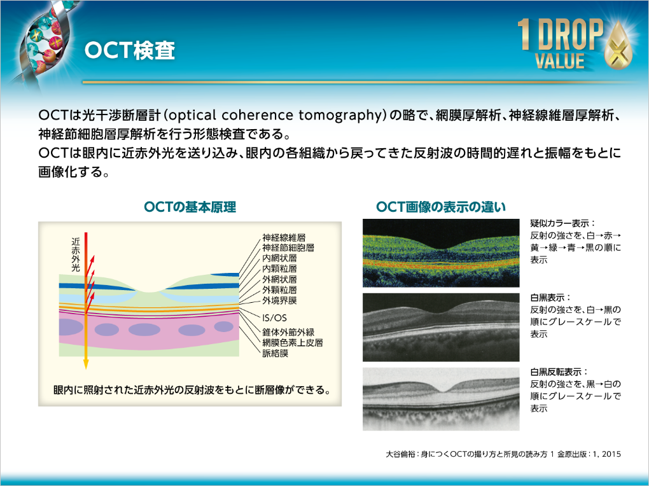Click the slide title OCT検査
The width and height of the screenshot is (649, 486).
click(x=129, y=52)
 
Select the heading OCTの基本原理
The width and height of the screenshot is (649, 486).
click(x=190, y=207)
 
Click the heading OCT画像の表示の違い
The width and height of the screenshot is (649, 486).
click(x=441, y=207)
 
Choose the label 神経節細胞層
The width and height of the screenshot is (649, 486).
click(x=288, y=248)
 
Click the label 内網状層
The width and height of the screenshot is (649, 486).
click(x=279, y=259)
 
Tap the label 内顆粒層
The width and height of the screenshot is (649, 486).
click(x=279, y=269)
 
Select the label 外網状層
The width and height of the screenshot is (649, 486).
click(x=279, y=279)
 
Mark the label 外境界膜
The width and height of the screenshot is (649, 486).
click(x=279, y=300)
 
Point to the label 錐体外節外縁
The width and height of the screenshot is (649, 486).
click(x=288, y=333)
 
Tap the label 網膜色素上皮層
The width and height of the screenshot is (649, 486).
click(x=293, y=343)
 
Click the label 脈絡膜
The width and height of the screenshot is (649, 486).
click(x=275, y=353)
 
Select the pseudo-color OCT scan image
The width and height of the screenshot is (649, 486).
click(x=442, y=253)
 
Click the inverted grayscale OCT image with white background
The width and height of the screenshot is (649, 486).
click(x=442, y=399)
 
